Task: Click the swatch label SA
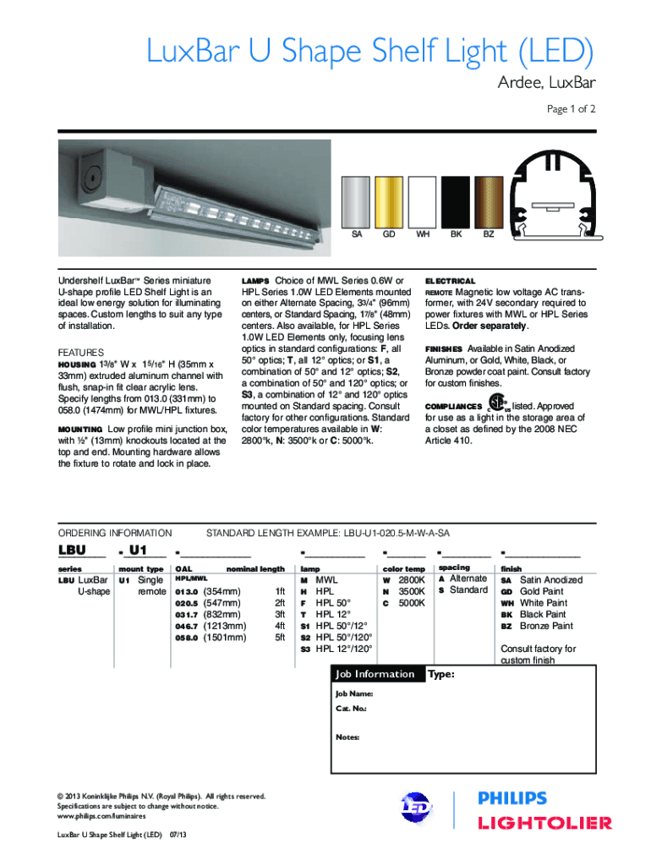356,234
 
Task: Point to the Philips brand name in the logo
512,798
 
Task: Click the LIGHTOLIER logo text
545,823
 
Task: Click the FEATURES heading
80,352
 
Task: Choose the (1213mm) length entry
226,626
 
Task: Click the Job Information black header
375,674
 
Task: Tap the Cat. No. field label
351,708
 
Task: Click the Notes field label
347,737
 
